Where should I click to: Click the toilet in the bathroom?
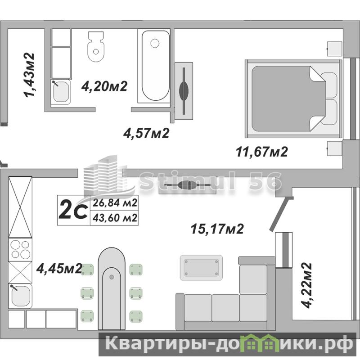tap(96, 47)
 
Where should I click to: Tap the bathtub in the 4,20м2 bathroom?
tap(155, 66)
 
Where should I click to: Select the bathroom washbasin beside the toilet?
tap(61, 92)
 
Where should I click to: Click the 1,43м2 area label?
tap(30, 75)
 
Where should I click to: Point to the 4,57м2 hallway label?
tap(146, 133)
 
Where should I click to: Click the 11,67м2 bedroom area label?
tap(262, 152)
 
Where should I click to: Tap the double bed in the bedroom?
tap(293, 99)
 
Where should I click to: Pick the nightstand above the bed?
tap(334, 49)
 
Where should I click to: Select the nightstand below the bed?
tap(334, 149)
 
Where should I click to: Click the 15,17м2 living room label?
tap(217, 229)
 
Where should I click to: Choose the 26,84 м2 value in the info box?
tap(115, 203)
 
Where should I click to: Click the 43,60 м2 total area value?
tap(115, 218)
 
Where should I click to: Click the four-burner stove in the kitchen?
tap(20, 250)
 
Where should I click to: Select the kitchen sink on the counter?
tap(20, 296)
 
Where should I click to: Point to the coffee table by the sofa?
tap(201, 267)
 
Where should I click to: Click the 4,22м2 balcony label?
tap(306, 285)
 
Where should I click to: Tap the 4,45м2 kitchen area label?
tap(59, 268)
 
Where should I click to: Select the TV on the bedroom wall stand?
tap(184, 90)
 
